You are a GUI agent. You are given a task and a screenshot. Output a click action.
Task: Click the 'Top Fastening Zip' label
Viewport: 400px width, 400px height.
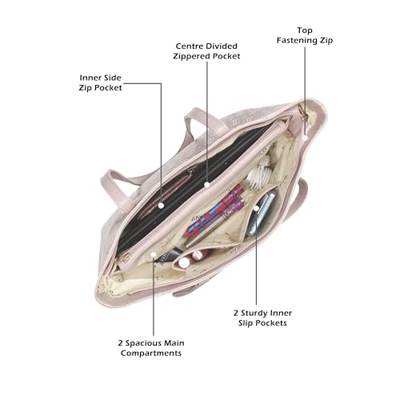(x=305, y=35)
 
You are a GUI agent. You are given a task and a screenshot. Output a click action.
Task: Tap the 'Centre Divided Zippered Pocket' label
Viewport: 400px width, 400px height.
(x=206, y=51)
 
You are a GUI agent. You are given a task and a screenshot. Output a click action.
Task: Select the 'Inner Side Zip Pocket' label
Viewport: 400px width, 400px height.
(x=100, y=82)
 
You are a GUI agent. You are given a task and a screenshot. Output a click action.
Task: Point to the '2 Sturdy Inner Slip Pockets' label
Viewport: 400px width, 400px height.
(x=262, y=318)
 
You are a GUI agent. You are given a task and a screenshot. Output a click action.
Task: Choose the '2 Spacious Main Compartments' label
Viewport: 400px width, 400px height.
(x=151, y=348)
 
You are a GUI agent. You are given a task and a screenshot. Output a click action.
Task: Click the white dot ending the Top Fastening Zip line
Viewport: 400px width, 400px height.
(x=306, y=138)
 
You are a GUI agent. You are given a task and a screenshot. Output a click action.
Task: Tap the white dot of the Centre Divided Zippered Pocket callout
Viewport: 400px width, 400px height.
(x=207, y=184)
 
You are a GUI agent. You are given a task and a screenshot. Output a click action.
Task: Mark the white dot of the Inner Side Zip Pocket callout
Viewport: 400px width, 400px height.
(x=161, y=206)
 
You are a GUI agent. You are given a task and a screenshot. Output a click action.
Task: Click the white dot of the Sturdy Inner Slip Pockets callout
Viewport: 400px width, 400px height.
(x=256, y=208)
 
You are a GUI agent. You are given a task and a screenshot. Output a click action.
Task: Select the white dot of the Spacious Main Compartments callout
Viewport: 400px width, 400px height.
(x=154, y=254)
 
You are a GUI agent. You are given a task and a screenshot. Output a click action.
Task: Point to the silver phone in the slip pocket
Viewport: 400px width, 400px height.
(x=262, y=214)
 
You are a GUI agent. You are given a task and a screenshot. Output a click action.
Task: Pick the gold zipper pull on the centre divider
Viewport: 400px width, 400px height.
(x=124, y=258)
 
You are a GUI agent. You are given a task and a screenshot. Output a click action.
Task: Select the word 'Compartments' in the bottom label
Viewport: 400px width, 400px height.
(x=151, y=353)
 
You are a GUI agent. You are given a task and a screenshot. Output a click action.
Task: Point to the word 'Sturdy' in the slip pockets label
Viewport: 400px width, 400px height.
(x=254, y=313)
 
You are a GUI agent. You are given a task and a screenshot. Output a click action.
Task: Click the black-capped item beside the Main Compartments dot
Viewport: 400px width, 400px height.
(x=170, y=257)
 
